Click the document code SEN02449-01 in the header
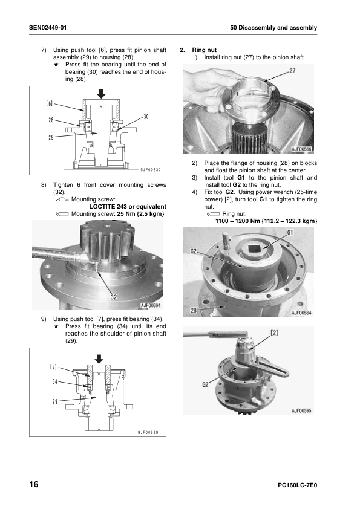[48, 28]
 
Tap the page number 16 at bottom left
[34, 484]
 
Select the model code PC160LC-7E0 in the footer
[297, 485]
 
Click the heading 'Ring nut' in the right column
[204, 50]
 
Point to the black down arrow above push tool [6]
[102, 94]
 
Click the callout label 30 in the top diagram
[146, 117]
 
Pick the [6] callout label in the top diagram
[50, 103]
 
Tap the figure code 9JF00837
[151, 170]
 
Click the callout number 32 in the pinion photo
[113, 297]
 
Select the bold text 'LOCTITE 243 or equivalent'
[128, 207]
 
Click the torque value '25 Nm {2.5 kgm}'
[140, 213]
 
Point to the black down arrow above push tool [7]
[99, 359]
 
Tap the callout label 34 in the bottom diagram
[55, 382]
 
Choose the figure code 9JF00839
[148, 432]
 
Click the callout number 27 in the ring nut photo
[292, 71]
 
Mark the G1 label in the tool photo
[290, 232]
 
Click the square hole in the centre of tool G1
[254, 248]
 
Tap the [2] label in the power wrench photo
[275, 332]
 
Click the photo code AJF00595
[301, 410]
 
